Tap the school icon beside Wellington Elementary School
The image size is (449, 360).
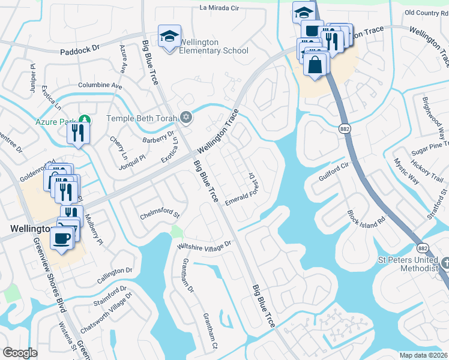click(169, 37)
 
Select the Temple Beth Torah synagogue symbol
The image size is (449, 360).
click(187, 118)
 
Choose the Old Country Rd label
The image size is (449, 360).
click(427, 13)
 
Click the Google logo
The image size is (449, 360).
click(20, 353)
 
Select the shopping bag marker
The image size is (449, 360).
click(315, 64)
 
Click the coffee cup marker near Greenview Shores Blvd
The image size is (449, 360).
click(62, 238)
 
